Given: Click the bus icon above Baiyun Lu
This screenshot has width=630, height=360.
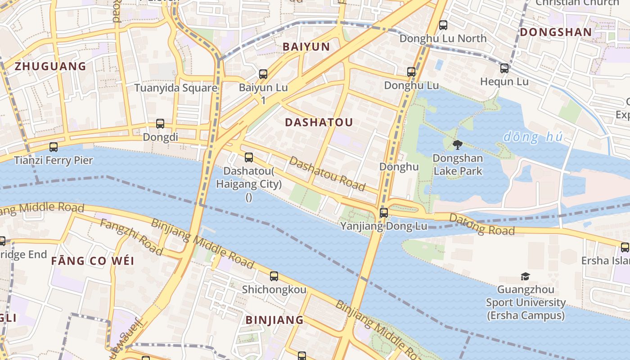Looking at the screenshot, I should coord(263,74).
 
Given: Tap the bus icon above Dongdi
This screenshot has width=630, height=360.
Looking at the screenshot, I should coord(160,124).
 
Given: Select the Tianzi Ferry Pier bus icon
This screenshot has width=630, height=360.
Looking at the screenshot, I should coord(54,147).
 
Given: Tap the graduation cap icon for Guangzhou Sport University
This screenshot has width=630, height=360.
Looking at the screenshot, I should coord(525,276).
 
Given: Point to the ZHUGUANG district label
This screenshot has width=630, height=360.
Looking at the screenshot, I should coord(50,67).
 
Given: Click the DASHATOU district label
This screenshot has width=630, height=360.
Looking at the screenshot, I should coord(319,122).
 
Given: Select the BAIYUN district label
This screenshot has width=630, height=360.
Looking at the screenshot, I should coord(306,47).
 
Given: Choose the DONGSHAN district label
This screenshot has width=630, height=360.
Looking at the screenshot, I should coord(556,32).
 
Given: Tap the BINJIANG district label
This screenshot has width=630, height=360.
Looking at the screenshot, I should coord(274,320).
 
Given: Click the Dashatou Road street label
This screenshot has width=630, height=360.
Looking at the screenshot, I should coord(327,174).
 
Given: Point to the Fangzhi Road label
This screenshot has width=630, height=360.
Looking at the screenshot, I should coord(131,237).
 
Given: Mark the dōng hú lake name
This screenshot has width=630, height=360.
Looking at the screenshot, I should coord(533,137).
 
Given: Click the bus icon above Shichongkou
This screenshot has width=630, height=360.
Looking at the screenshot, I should coord(274,276).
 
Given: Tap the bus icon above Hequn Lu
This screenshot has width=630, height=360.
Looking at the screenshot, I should coord(504,68).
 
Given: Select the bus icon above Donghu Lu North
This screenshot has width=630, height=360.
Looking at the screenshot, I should coord(443,25).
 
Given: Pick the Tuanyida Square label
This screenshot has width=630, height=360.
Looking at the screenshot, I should coord(176,88).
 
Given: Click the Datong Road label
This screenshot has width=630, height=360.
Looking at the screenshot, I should coord(482,225).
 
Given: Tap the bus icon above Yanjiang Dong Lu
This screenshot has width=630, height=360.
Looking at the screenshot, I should coord(383,213).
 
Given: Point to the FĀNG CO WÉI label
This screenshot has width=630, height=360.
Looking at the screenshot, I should coord(93,261).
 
